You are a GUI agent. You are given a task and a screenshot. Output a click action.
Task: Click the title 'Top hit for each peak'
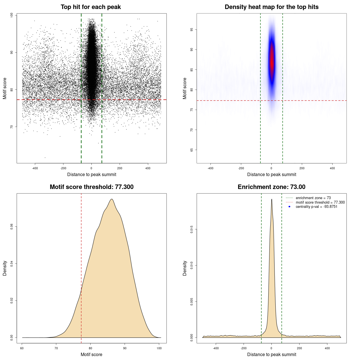91,7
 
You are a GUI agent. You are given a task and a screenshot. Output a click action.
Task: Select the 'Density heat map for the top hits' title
271,7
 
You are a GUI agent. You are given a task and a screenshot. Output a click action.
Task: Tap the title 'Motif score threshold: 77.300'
91,187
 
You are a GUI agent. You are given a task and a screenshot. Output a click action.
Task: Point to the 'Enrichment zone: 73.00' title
271,187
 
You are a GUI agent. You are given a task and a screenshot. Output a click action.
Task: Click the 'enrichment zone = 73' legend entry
313,198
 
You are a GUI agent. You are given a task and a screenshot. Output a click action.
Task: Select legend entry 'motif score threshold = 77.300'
320,202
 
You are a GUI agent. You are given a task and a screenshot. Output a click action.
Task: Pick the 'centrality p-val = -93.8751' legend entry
316,207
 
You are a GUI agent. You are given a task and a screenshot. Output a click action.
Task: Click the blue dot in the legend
289,207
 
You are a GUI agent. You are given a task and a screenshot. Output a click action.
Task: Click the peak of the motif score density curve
112,199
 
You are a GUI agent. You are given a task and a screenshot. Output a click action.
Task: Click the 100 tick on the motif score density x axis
159,348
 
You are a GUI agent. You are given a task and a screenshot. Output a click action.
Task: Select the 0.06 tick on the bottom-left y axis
12,227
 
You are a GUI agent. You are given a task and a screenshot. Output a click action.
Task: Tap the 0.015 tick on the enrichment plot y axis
192,229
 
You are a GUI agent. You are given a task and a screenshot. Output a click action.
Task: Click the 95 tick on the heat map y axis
192,30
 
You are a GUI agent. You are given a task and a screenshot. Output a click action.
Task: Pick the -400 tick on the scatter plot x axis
35,168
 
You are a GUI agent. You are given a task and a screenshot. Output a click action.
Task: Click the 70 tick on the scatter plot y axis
12,127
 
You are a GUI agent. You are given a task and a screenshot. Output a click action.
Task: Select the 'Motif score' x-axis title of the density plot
91,354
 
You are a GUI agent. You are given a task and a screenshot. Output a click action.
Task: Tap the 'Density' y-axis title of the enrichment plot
185,268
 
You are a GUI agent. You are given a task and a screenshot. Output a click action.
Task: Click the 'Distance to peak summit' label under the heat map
271,174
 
